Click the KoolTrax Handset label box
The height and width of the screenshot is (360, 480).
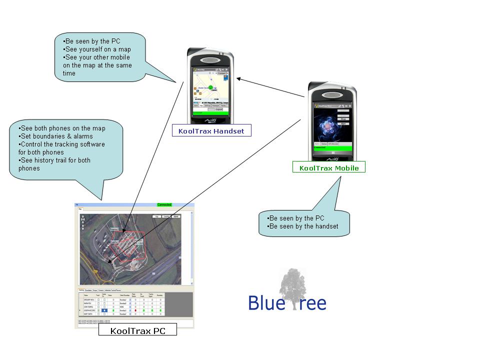click(211, 131)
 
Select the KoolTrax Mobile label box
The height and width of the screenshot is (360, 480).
click(328, 167)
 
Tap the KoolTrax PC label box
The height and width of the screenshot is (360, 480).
click(137, 330)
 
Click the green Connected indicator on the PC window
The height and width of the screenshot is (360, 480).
click(164, 205)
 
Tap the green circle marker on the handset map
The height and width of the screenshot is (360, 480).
click(211, 87)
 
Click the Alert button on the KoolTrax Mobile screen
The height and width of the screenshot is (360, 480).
click(343, 123)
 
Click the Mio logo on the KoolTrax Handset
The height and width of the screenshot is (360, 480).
click(210, 120)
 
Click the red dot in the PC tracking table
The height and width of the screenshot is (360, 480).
click(135, 310)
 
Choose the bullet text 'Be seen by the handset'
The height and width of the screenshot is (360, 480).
click(303, 226)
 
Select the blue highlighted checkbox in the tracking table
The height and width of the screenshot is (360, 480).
click(104, 310)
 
